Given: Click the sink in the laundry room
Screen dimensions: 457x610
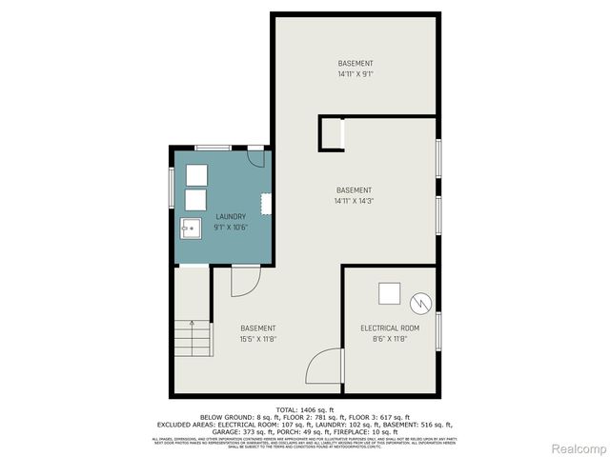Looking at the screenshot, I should (191, 227).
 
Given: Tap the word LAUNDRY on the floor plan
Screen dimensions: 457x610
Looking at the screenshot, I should (231, 216).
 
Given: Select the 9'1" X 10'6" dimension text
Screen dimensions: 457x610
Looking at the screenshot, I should (231, 227).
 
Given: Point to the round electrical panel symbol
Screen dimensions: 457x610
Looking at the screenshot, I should (420, 304).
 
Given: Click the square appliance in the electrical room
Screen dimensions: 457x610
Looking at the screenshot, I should (389, 294).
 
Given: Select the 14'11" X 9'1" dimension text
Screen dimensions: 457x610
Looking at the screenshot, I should (356, 74).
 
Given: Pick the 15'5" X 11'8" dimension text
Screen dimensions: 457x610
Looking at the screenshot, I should (258, 339).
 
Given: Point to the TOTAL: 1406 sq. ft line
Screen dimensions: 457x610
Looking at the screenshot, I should (304, 408).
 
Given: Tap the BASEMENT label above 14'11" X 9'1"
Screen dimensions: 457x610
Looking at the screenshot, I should (356, 63).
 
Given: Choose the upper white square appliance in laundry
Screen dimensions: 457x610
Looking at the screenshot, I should (196, 175).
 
